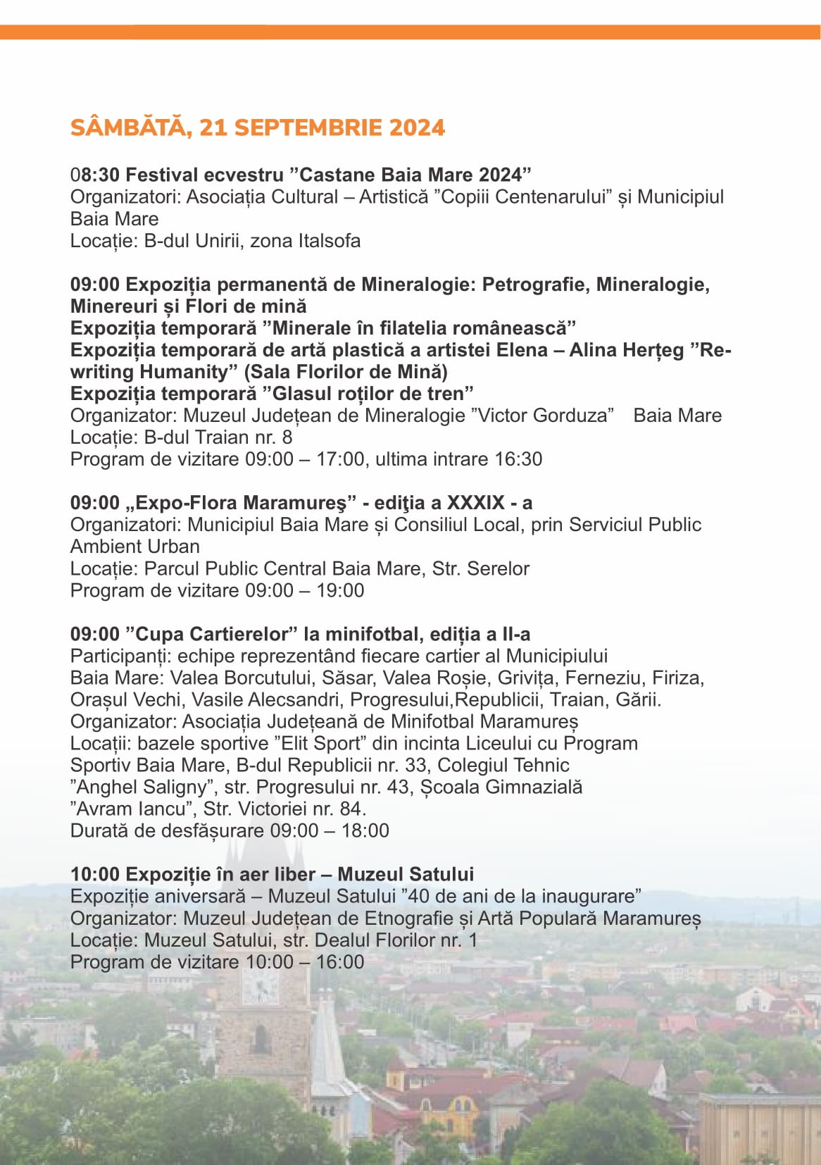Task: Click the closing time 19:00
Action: tap(340, 590)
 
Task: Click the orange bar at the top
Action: tap(410, 32)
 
